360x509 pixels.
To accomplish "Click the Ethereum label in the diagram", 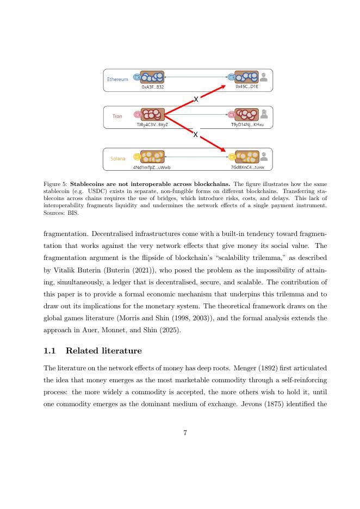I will click(117, 79).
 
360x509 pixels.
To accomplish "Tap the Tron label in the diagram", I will click(117, 116).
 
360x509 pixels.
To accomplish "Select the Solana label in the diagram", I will click(117, 159).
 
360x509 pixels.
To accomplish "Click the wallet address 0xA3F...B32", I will click(153, 87).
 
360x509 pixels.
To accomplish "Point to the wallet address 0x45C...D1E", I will click(247, 86).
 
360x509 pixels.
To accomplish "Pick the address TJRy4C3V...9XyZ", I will click(152, 125).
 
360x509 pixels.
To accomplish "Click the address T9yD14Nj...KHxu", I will click(247, 125).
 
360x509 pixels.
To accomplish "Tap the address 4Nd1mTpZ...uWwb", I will click(152, 167).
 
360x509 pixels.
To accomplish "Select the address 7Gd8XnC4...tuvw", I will click(247, 167).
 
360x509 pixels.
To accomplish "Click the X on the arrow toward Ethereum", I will click(196, 100).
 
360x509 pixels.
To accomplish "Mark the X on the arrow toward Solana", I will click(195, 135).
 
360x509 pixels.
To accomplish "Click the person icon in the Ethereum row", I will click(264, 77).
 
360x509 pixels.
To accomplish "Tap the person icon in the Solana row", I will click(264, 156).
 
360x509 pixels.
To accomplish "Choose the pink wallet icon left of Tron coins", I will click(137, 115).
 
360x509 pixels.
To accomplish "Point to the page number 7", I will click(185, 433).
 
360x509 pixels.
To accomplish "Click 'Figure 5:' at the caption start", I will click(55, 184).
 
